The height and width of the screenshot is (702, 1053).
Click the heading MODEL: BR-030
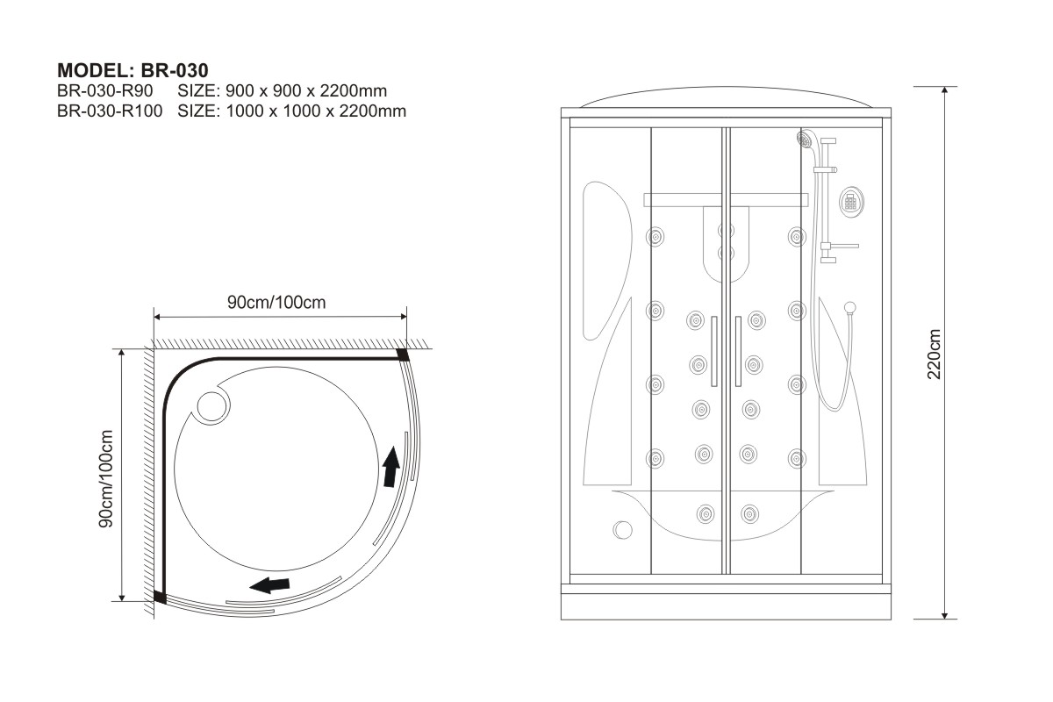(133, 70)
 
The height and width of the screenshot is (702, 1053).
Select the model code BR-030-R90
(104, 90)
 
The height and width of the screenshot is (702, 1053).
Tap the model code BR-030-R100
(110, 111)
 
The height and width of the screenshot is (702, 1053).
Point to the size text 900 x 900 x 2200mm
(306, 90)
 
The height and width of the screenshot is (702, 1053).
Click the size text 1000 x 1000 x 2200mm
(316, 111)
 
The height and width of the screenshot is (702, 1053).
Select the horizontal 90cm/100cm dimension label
(276, 302)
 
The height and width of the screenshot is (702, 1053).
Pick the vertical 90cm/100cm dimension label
(106, 478)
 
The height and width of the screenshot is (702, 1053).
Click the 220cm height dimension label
(934, 354)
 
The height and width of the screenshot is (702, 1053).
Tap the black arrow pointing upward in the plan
(390, 467)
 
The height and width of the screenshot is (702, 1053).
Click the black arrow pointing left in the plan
(269, 585)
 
